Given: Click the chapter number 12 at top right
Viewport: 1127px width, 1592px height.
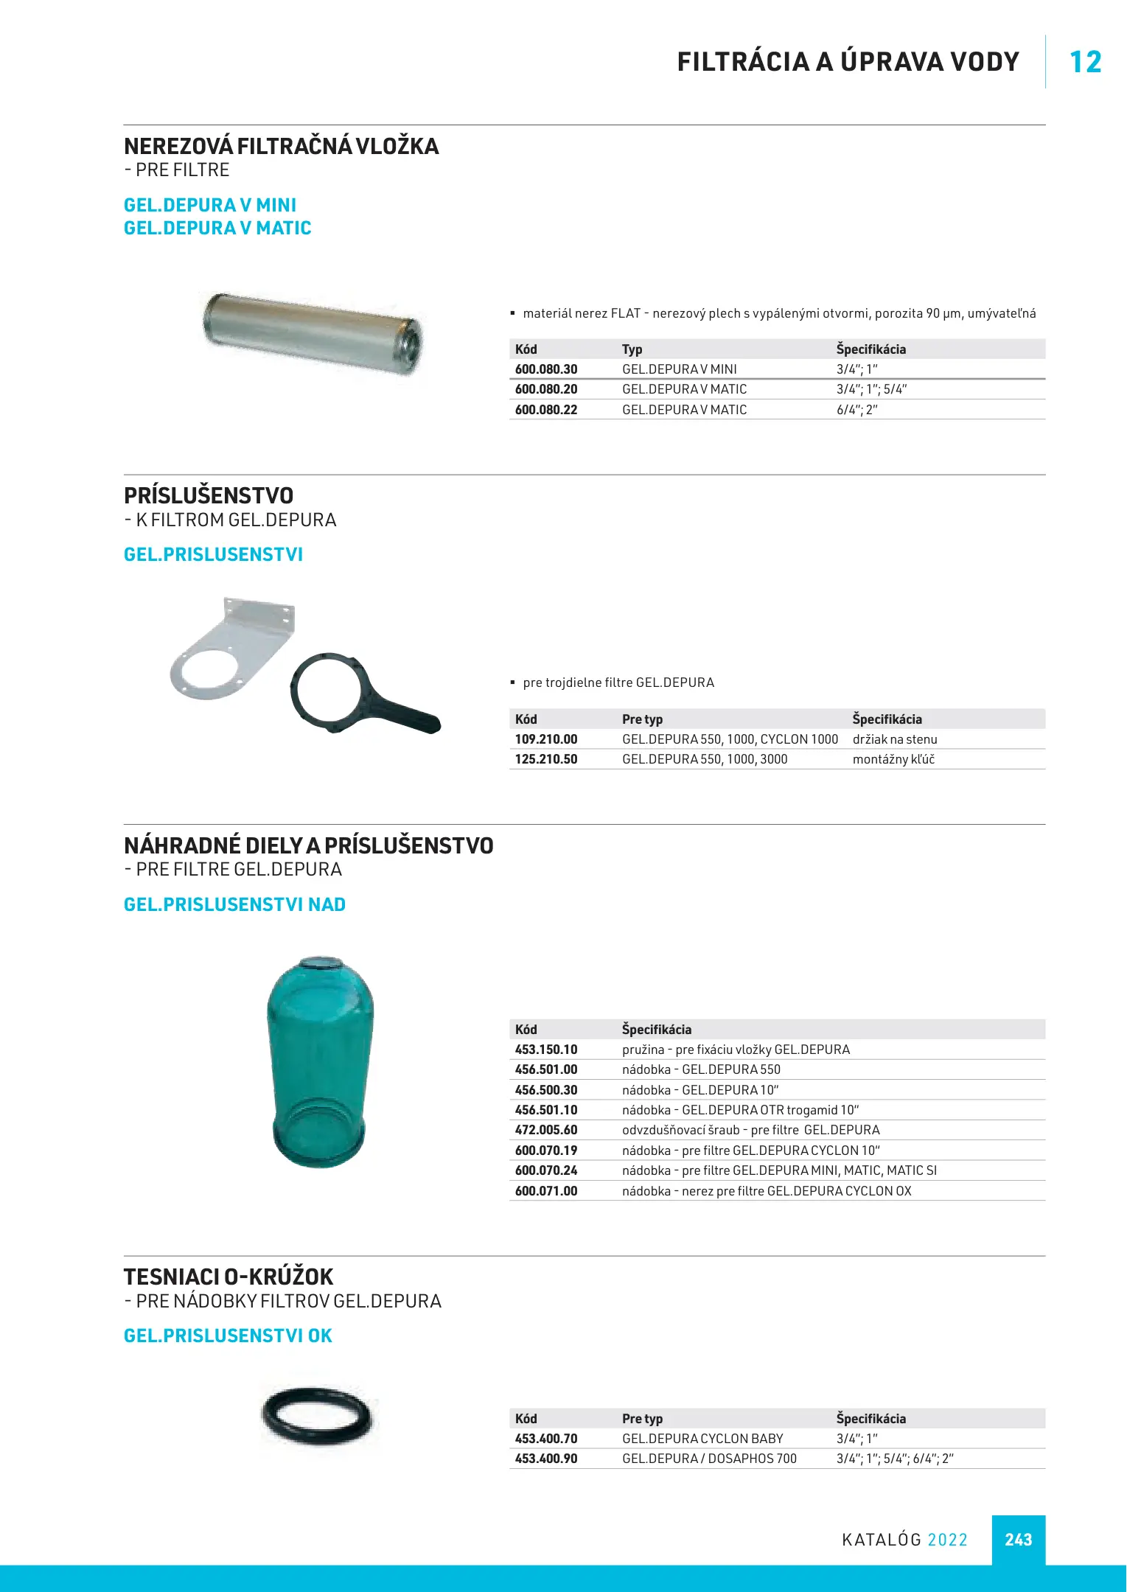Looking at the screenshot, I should coord(1085,63).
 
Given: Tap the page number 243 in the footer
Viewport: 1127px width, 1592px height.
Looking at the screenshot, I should coord(1018,1540).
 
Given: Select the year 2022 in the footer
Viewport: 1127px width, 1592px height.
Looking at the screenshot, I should coord(947,1540).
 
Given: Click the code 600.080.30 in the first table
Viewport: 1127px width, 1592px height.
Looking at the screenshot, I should coord(546,369).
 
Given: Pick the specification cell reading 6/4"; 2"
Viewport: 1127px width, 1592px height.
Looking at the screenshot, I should coord(856,410).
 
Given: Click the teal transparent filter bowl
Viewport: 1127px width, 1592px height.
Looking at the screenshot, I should coord(320,1061).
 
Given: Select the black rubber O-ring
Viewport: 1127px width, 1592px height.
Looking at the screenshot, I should coord(317,1414).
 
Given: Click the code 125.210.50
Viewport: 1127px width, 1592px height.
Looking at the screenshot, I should coord(546,759).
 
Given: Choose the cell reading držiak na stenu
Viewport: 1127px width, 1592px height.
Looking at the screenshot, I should coord(895,739).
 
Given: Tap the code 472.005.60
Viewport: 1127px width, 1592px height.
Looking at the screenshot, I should coord(546,1130).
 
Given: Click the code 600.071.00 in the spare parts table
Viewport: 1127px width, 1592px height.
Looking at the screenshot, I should coord(546,1191).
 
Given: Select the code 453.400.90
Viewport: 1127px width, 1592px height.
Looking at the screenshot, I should coord(546,1459).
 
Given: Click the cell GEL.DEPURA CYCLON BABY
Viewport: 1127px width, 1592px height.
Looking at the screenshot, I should coord(702,1439).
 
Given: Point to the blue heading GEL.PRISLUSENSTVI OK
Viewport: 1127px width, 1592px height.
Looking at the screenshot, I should coord(228,1336).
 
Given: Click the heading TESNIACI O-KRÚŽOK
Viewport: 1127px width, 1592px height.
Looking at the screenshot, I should coord(228,1277).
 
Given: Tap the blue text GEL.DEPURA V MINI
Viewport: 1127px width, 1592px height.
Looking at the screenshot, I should coord(210,205).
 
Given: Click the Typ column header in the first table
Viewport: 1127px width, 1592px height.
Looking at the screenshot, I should coord(632,349).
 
